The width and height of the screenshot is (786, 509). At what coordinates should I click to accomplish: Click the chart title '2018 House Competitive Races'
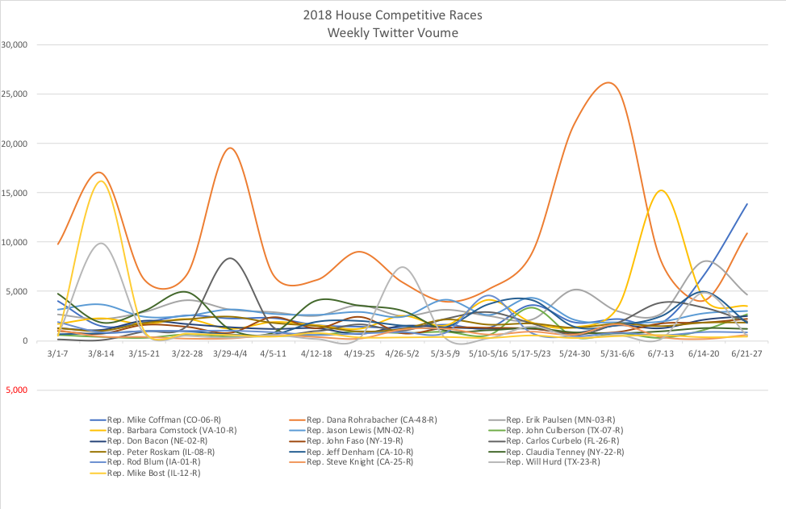coord(393,15)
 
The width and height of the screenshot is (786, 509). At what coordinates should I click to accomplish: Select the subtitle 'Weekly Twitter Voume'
coord(393,32)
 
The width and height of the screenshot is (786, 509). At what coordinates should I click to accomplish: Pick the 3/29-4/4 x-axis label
coord(231,353)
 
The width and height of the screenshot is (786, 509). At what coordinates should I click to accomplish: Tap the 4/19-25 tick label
coord(359,353)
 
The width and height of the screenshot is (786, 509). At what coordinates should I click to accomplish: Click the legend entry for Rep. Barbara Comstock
coord(165,431)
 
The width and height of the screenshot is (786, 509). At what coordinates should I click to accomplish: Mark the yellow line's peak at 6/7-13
coord(661,191)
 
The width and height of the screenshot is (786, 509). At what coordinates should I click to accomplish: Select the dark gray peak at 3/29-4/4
coord(231,258)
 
